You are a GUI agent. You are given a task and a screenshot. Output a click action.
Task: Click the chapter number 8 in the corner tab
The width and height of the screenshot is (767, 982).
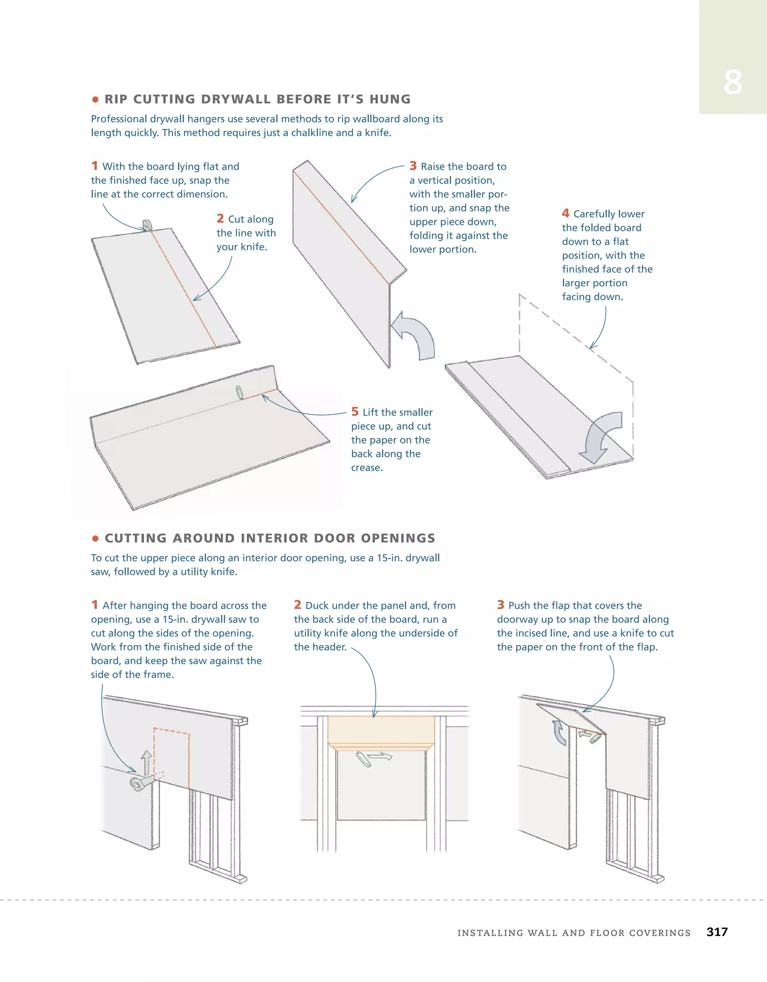733,82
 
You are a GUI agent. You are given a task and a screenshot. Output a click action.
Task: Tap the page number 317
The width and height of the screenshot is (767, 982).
717,932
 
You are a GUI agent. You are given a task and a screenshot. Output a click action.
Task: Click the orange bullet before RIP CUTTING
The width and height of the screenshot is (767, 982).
95,99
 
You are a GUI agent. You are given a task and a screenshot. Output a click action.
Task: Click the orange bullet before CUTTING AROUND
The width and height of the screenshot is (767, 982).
95,539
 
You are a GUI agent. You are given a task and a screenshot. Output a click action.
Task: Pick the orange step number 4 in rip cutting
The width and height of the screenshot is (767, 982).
565,213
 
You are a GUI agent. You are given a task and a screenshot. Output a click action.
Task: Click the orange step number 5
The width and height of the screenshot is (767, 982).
355,412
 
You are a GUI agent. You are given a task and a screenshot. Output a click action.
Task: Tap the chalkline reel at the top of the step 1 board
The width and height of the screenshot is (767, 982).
147,225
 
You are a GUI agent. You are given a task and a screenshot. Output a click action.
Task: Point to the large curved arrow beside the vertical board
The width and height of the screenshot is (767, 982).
414,335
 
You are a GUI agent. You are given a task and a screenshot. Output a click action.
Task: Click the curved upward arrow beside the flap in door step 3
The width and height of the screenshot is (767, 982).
559,733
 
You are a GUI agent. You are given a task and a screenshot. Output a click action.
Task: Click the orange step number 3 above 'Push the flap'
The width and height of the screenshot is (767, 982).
501,605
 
